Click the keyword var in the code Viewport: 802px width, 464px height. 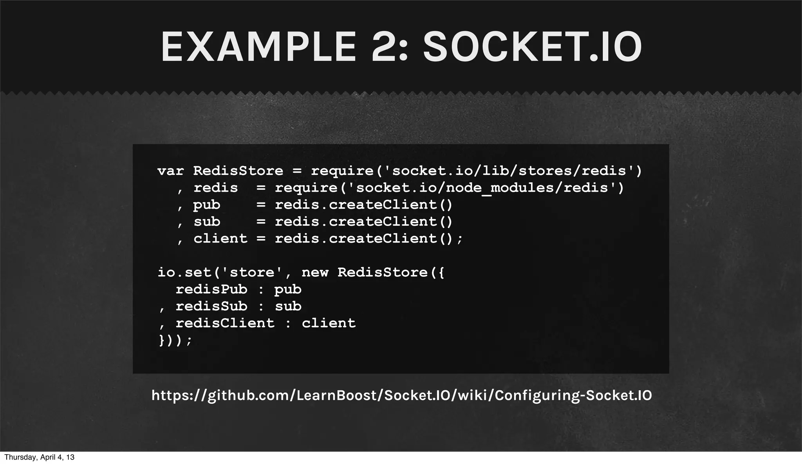pos(170,171)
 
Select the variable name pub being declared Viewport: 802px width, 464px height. pos(207,205)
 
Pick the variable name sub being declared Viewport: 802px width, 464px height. pos(207,222)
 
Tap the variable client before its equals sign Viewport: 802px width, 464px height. pos(220,239)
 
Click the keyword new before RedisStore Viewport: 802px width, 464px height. pos(315,272)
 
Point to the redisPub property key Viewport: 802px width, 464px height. pos(211,290)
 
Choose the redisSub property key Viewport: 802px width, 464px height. pos(211,306)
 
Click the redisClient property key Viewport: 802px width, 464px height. pos(225,323)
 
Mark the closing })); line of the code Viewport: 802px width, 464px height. pos(175,340)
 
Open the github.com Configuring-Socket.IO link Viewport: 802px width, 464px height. pos(401,395)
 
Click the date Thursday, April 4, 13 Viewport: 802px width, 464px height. pos(39,457)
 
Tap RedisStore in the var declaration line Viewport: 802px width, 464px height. pos(238,171)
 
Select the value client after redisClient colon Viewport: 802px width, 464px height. pos(329,323)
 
